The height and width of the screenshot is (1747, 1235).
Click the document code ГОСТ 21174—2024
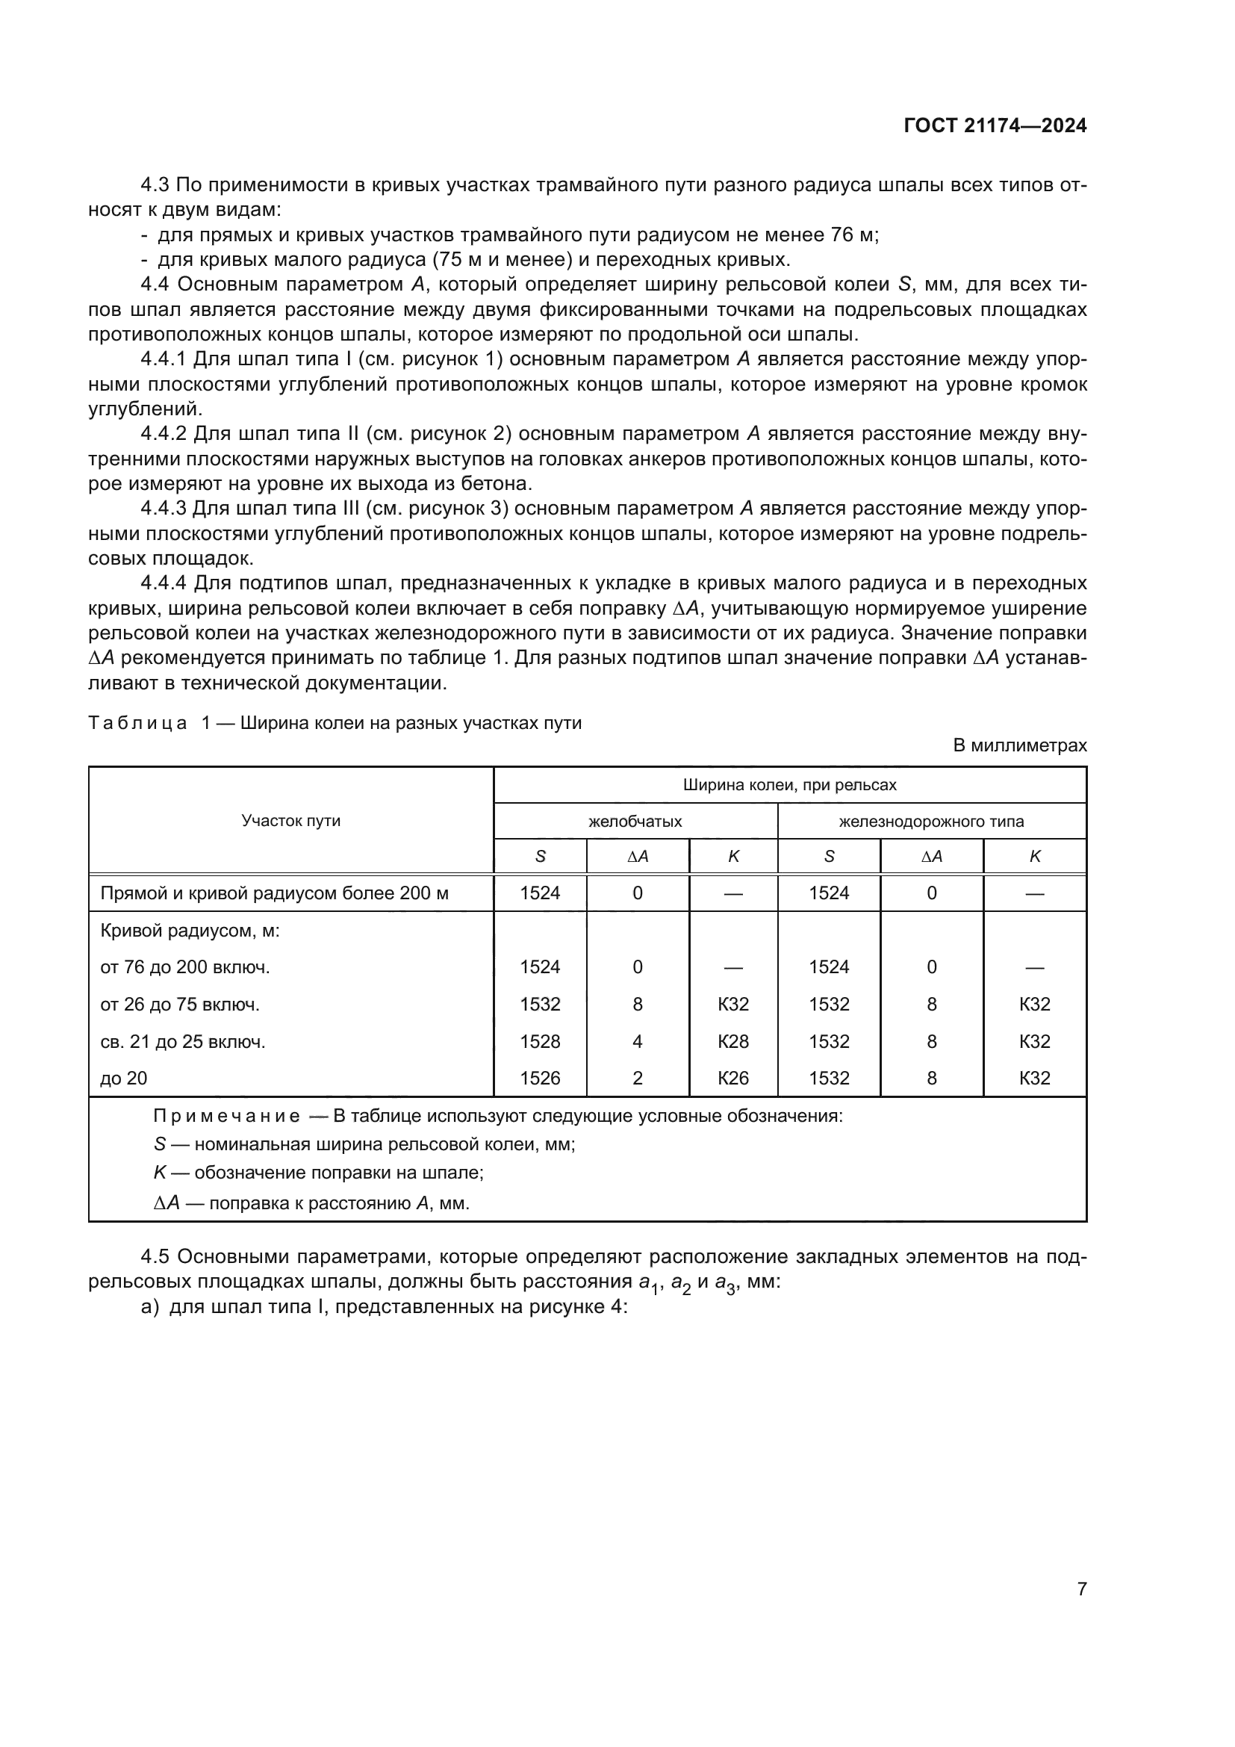995,126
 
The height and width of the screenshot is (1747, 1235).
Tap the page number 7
1081,1589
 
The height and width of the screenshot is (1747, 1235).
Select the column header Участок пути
290,820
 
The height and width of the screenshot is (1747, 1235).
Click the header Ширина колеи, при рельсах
789,784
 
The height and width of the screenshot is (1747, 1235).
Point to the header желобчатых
635,821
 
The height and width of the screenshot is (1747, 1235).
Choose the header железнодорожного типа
931,821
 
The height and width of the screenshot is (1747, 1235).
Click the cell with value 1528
540,1041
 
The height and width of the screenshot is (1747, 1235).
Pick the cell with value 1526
540,1078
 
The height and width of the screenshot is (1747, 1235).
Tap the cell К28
733,1041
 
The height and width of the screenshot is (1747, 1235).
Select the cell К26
733,1078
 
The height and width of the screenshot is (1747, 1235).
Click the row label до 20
124,1078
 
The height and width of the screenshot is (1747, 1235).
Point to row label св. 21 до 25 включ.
182,1041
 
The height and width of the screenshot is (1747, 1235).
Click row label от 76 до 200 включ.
184,967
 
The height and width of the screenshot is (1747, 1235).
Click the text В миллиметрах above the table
1020,745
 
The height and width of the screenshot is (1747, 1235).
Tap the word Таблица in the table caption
137,723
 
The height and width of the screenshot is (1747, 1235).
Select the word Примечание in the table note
225,1116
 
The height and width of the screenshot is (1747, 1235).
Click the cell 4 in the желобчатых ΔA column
637,1041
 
